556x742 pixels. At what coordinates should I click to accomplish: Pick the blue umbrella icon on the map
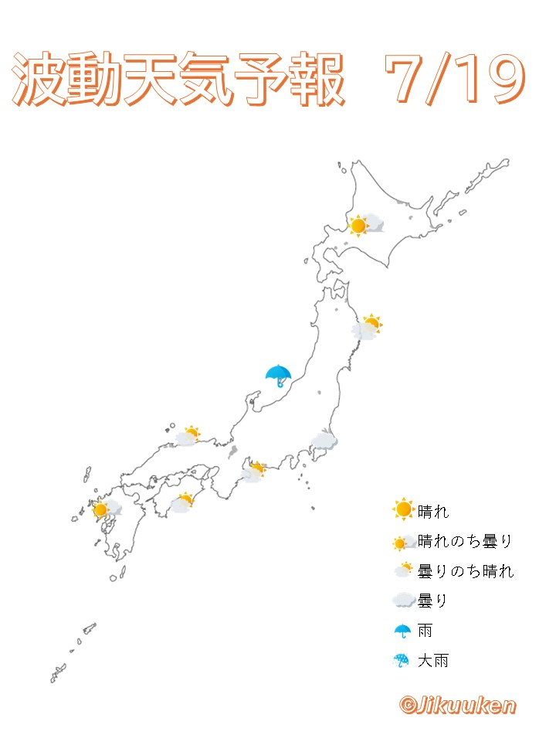click(278, 376)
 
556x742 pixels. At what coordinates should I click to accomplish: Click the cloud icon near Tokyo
click(324, 441)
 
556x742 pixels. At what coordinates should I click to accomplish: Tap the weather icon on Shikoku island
click(182, 503)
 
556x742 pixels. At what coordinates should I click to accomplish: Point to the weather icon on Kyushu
click(106, 509)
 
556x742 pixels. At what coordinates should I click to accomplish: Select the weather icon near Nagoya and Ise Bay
click(253, 471)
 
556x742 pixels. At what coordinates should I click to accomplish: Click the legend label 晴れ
click(433, 511)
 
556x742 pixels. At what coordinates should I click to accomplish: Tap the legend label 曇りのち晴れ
click(465, 571)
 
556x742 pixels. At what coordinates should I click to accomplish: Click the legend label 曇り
click(433, 601)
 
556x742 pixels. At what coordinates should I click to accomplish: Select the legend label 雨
click(425, 631)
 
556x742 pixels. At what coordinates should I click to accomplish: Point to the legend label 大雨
click(433, 661)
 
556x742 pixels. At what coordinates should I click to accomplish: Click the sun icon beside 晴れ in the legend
click(402, 510)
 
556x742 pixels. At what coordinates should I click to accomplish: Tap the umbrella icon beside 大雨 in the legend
click(402, 661)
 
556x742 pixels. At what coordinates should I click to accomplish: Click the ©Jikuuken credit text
click(457, 705)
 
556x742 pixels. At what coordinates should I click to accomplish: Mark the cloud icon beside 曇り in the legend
click(402, 601)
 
